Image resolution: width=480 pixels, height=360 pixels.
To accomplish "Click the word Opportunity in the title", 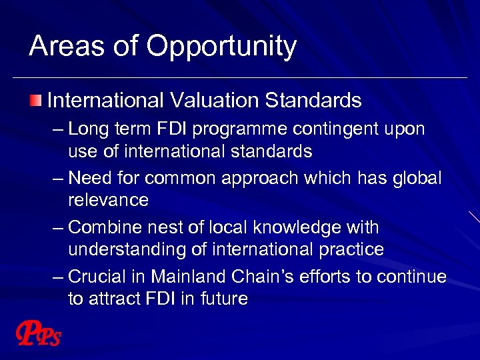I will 221,47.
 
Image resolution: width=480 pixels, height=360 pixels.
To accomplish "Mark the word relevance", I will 108,200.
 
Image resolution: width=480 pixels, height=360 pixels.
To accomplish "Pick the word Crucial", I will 100,277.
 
